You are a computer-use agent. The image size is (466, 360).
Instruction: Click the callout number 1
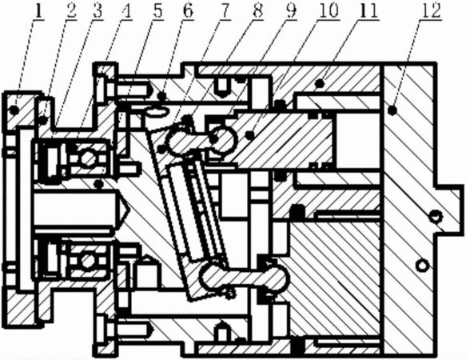(38, 11)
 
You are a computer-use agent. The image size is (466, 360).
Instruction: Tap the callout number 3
(98, 11)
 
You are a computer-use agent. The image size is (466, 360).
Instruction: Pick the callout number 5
(158, 11)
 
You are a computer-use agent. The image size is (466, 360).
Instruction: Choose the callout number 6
(188, 11)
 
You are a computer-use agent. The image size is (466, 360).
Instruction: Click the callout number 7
(225, 11)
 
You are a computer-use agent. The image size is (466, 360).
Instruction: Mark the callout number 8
(257, 11)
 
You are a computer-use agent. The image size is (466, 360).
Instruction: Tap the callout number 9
(291, 11)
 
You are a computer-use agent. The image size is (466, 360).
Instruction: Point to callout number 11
(368, 11)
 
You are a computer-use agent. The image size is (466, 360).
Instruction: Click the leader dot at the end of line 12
(392, 110)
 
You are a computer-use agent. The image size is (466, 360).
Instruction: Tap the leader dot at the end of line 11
(320, 84)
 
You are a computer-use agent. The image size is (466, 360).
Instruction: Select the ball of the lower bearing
(87, 261)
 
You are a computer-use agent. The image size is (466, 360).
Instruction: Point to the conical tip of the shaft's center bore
(129, 210)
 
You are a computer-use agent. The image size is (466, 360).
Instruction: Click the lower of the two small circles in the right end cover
(422, 265)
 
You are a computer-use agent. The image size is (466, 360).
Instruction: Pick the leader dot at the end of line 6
(162, 96)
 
